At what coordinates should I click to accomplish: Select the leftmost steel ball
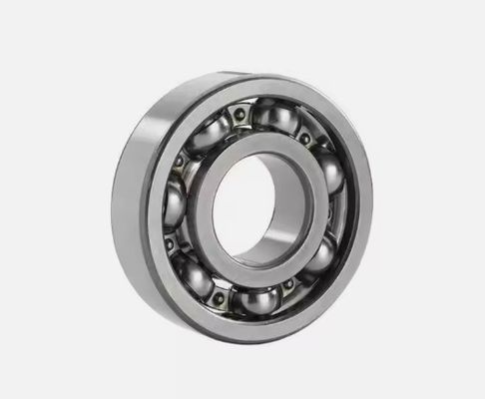click(x=175, y=207)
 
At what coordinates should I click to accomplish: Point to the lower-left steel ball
click(x=194, y=274)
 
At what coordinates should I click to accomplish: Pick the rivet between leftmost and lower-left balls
click(x=171, y=243)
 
